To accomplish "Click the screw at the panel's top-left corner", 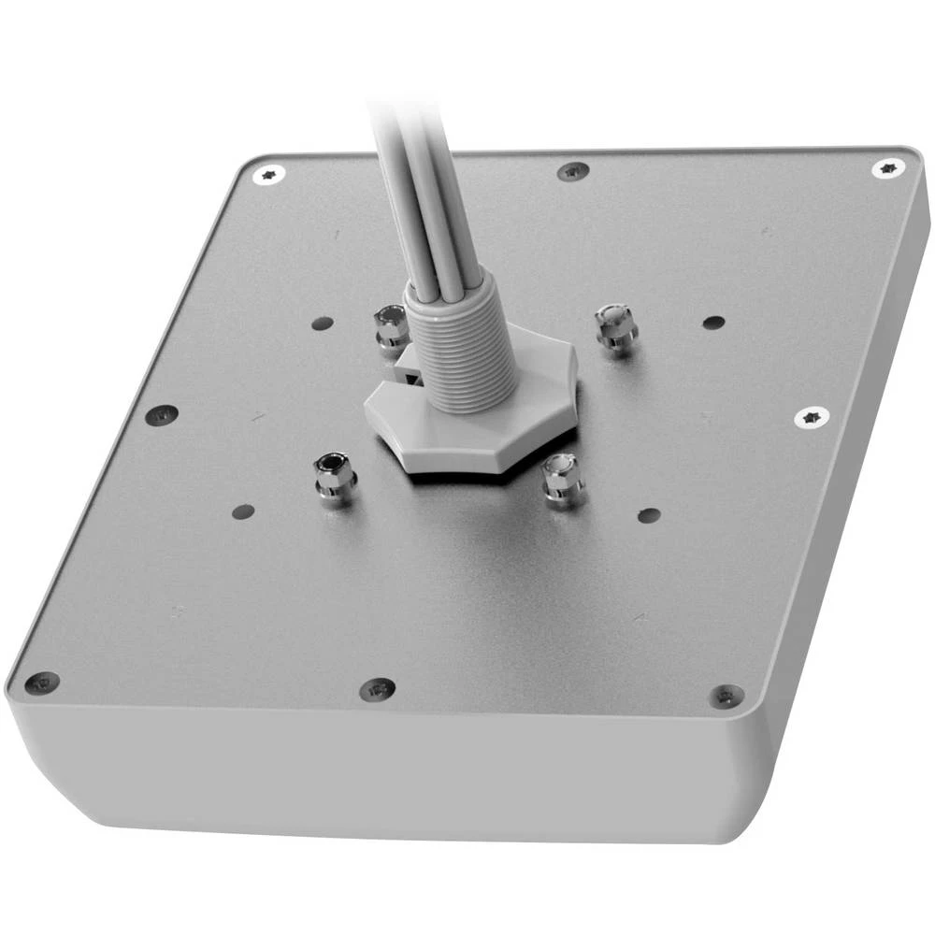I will pyautogui.click(x=270, y=173).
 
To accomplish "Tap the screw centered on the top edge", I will pyautogui.click(x=572, y=171).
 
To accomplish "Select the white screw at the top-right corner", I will pyautogui.click(x=888, y=168).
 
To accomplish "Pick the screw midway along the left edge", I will pyautogui.click(x=163, y=414).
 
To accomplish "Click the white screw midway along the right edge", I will pyautogui.click(x=811, y=417).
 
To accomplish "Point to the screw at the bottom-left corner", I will pyautogui.click(x=41, y=683).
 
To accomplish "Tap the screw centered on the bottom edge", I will pyautogui.click(x=377, y=690).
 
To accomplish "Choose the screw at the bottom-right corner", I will pyautogui.click(x=726, y=696).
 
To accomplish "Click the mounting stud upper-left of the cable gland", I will pyautogui.click(x=389, y=326).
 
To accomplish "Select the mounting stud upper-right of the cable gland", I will pyautogui.click(x=615, y=326).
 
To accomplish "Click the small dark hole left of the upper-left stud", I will pyautogui.click(x=322, y=324).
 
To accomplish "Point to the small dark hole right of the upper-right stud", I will pyautogui.click(x=713, y=323).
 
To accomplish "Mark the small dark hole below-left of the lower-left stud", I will pyautogui.click(x=243, y=511).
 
